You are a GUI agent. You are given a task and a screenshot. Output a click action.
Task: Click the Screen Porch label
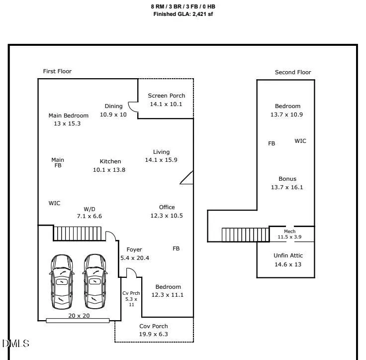point(167,96)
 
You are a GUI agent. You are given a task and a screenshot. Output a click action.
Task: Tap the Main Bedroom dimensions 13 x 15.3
point(67,123)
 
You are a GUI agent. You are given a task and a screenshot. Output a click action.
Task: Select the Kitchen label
point(110,161)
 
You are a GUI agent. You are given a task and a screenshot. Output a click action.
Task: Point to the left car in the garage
point(62,282)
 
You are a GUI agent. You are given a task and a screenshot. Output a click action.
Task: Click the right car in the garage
point(95,282)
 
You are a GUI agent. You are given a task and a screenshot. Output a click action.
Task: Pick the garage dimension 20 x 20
point(79,316)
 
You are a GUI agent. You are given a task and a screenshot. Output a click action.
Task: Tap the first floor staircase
point(77,234)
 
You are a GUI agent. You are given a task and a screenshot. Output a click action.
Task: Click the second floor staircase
point(245,235)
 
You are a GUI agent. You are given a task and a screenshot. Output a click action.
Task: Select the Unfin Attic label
point(288,255)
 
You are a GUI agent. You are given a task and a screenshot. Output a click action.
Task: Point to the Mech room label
point(290,231)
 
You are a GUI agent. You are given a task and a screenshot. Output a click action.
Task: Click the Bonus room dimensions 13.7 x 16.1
point(287,187)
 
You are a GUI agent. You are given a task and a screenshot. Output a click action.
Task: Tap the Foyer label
point(134,249)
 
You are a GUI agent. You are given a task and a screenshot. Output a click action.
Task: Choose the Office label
point(167,207)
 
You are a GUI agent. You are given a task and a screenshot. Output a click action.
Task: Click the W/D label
point(90,209)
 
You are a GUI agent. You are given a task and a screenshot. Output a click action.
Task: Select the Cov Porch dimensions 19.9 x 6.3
point(154,334)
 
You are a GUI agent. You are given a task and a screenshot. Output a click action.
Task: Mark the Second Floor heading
point(293,72)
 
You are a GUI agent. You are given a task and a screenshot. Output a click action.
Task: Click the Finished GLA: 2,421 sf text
point(183,14)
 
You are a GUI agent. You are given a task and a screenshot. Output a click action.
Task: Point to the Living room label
point(161,152)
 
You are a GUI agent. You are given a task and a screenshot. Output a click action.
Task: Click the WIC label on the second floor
point(300,141)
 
